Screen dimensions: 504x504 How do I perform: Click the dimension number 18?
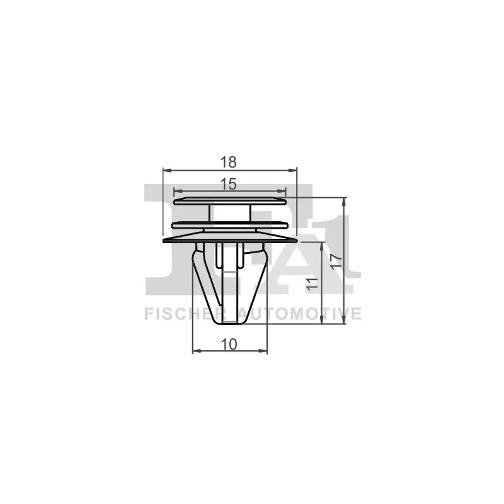[229, 162]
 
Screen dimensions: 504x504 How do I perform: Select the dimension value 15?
[229, 183]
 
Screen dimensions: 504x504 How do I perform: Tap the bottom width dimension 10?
[229, 344]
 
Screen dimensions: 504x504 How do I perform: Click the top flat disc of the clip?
[229, 200]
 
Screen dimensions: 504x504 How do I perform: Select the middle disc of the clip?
[229, 224]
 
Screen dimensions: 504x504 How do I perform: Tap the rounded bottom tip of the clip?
[229, 322]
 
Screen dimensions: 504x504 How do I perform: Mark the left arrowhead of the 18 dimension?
[166, 169]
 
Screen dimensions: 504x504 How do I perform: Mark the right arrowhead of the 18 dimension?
[294, 169]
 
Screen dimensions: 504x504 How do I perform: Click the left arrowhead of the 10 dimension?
[195, 351]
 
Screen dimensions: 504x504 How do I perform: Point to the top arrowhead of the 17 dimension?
[345, 200]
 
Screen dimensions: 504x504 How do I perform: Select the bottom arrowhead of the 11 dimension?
[323, 323]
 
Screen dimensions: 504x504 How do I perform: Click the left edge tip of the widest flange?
[164, 241]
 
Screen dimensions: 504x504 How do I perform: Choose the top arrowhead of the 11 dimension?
[323, 244]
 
